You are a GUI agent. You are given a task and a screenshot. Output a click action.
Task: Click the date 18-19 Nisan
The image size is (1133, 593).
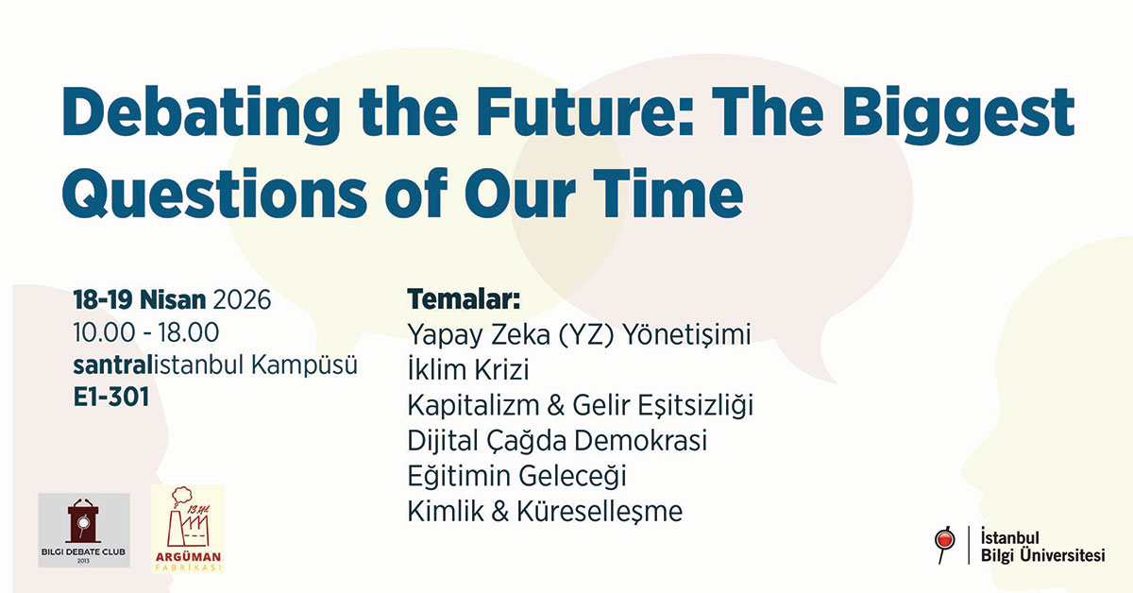tap(140, 300)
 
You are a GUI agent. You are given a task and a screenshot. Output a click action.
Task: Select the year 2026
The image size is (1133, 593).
tap(242, 300)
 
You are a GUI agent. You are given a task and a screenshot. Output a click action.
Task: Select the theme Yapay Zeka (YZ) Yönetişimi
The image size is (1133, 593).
tap(579, 335)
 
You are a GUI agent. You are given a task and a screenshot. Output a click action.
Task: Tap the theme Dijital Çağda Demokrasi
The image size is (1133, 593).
tap(557, 440)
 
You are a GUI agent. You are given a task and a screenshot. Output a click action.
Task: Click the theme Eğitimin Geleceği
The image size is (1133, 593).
tap(516, 475)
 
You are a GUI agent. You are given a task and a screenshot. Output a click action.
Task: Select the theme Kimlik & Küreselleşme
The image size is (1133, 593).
tap(545, 511)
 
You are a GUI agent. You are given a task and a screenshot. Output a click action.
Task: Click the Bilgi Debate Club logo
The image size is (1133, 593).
tap(84, 530)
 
